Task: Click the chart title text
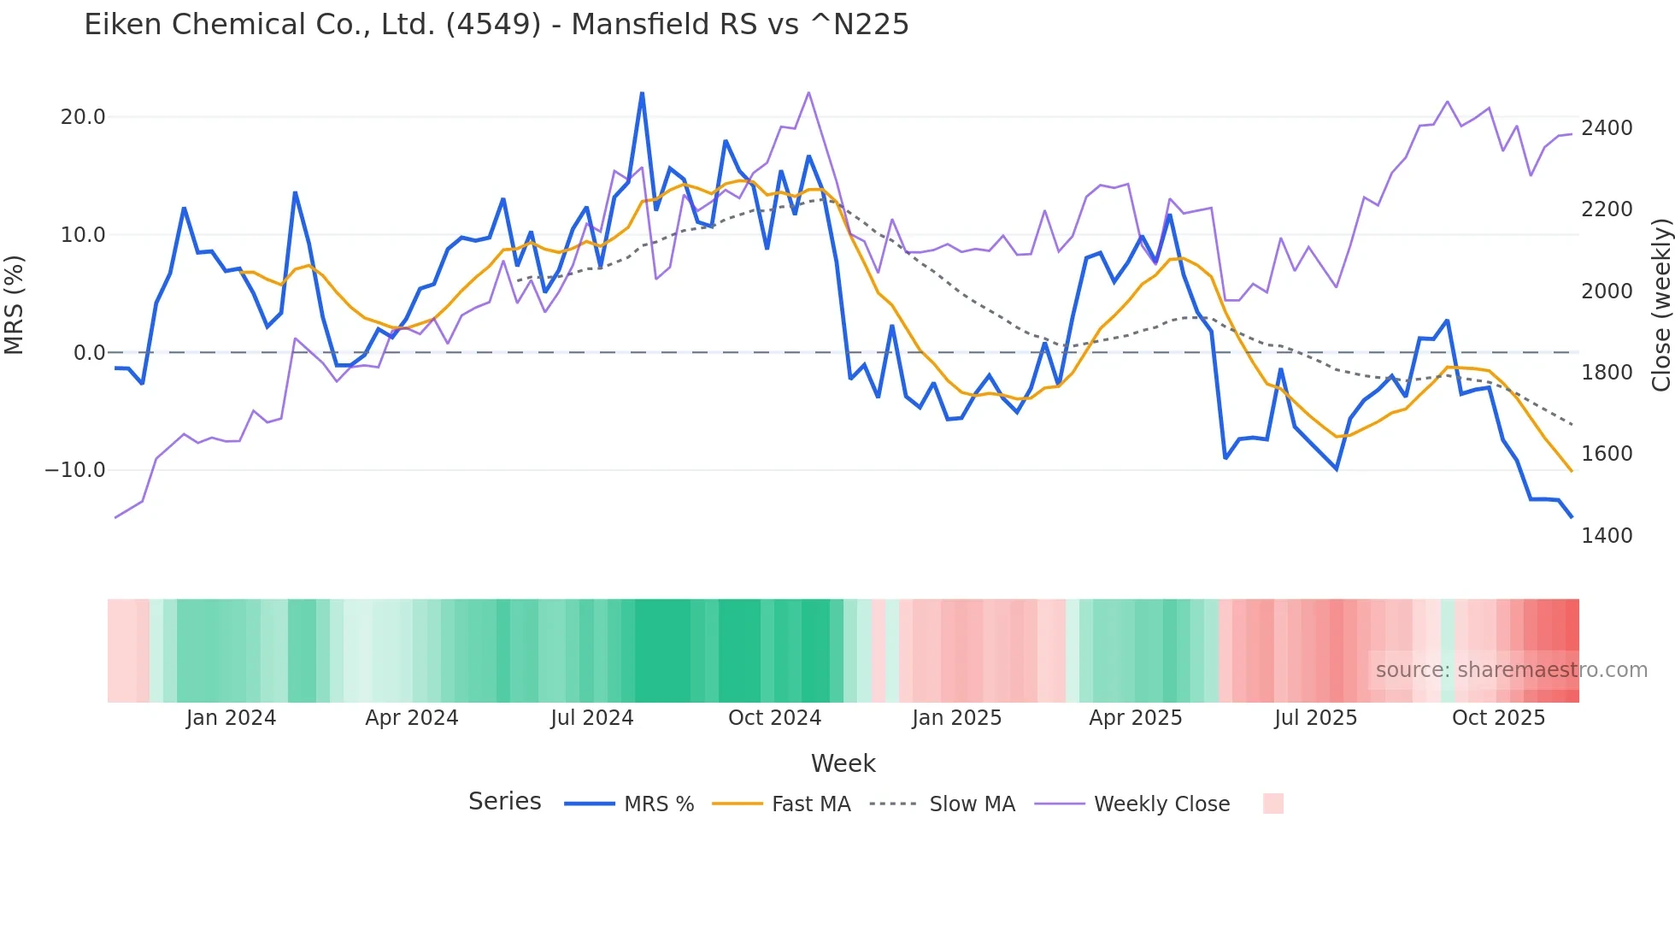pos(496,25)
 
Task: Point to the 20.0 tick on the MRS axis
pos(83,117)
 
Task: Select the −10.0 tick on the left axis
pos(75,470)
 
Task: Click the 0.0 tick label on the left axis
pos(89,352)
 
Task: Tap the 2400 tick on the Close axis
pos(1607,128)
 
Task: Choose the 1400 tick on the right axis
pos(1607,536)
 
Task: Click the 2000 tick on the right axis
pos(1607,291)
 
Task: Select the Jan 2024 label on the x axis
pos(231,718)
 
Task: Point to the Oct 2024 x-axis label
pos(774,718)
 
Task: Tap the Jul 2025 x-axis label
pos(1315,718)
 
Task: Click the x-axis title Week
pos(843,763)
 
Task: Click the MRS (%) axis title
pos(15,304)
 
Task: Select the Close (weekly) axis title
pos(1660,304)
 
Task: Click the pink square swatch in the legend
pos(1272,804)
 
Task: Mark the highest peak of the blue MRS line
pos(642,93)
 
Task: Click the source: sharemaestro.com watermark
pos(1511,670)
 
